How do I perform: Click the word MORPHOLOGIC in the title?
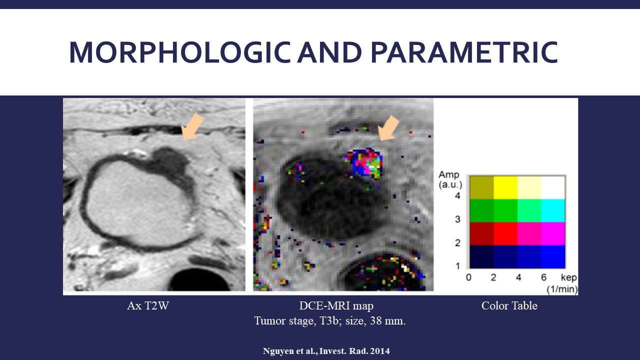click(180, 52)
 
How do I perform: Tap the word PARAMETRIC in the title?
click(464, 52)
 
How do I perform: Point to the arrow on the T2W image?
click(192, 126)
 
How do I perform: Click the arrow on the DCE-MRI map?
click(388, 128)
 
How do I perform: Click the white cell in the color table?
click(553, 187)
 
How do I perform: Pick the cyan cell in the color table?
click(553, 210)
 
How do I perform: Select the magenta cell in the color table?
click(553, 233)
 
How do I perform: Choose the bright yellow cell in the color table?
click(505, 187)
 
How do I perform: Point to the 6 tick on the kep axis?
click(543, 277)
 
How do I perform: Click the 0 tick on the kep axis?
click(468, 277)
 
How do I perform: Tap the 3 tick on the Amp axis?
click(457, 219)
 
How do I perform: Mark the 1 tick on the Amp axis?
click(457, 266)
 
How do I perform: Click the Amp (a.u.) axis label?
click(450, 179)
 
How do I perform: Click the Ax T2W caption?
click(148, 305)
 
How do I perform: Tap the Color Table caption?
click(509, 305)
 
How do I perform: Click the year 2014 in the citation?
click(379, 351)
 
